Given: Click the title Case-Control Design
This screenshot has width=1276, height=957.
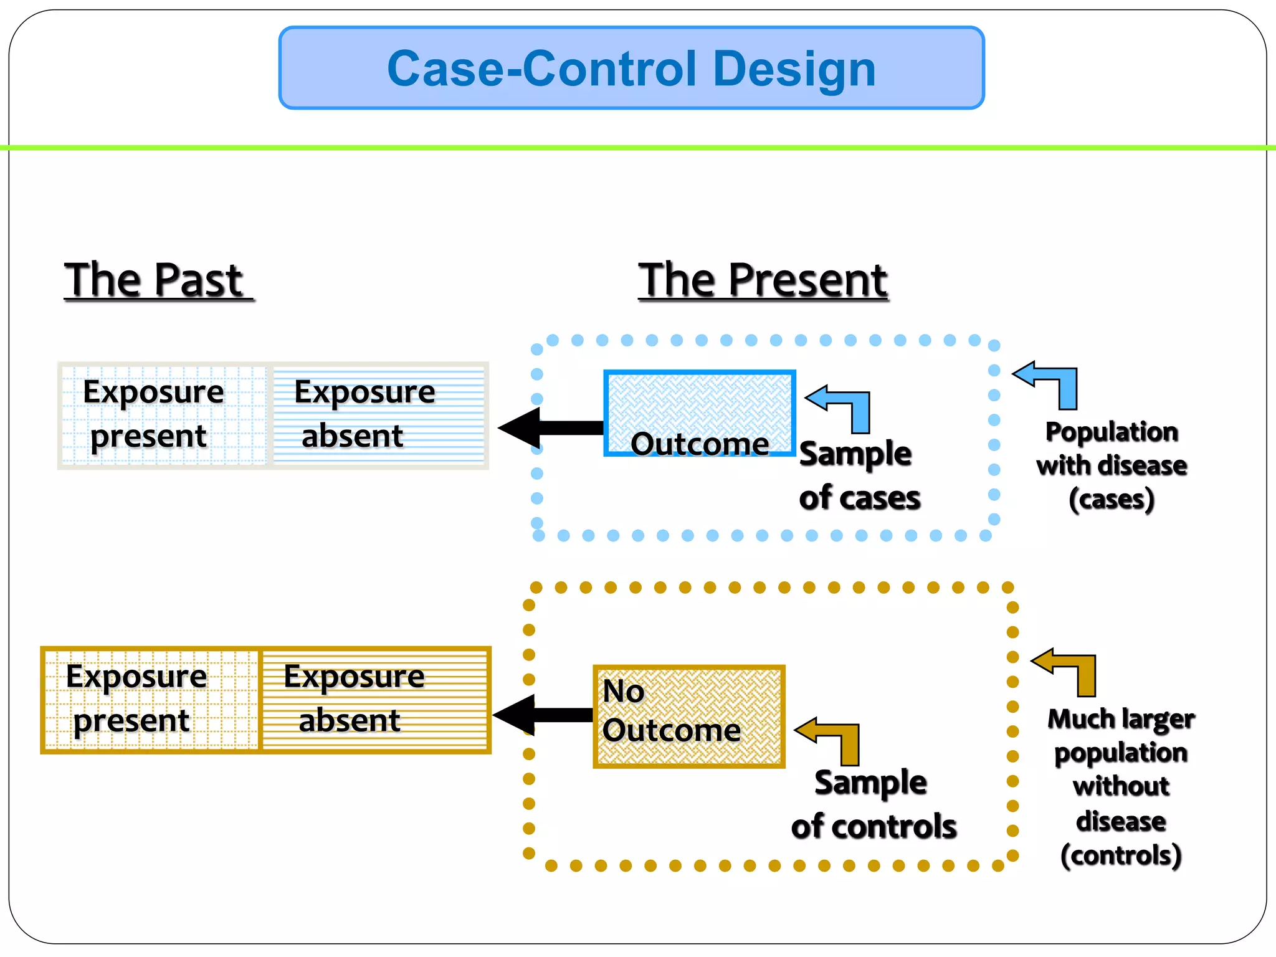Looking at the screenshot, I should (631, 69).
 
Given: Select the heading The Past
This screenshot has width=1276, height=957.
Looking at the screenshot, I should (156, 280).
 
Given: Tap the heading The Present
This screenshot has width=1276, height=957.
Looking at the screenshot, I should (763, 280).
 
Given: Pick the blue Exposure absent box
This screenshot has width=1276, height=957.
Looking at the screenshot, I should (378, 415).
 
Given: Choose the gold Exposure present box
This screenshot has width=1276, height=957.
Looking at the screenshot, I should (151, 700).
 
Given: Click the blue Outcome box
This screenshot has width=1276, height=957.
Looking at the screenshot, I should (699, 413).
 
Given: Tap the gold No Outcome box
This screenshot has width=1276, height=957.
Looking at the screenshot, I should (688, 716).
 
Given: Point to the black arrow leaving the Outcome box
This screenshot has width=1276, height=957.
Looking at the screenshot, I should (548, 428).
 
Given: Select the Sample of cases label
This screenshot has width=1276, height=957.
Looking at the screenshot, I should (859, 475).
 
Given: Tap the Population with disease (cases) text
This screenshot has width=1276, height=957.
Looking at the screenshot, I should (1112, 465).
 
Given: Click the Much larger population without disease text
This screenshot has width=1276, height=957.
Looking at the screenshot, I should (1120, 786).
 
